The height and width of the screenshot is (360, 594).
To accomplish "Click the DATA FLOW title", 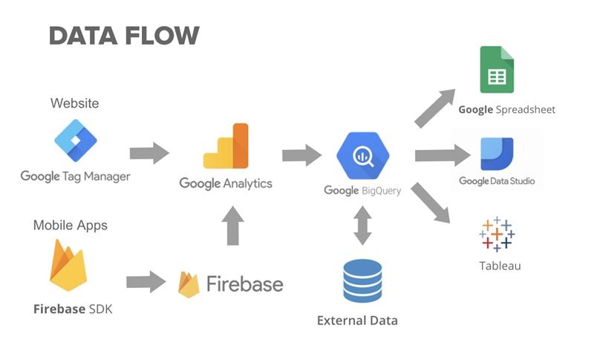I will (x=124, y=35).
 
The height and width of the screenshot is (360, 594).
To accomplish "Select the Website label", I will (x=74, y=102).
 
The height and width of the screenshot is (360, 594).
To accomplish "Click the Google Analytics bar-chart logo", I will (x=226, y=146).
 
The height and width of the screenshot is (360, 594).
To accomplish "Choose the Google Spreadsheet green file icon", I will (x=497, y=70).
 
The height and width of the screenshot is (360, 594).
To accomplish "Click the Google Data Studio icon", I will (x=497, y=154).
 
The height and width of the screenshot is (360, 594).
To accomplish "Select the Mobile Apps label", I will (x=71, y=225).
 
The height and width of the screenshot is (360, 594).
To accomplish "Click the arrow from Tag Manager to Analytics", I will (x=149, y=154).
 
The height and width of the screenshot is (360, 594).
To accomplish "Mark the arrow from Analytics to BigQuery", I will (x=301, y=155).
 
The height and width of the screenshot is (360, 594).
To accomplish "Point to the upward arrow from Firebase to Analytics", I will (x=232, y=226).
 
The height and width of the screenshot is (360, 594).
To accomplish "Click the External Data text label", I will (x=357, y=321).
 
